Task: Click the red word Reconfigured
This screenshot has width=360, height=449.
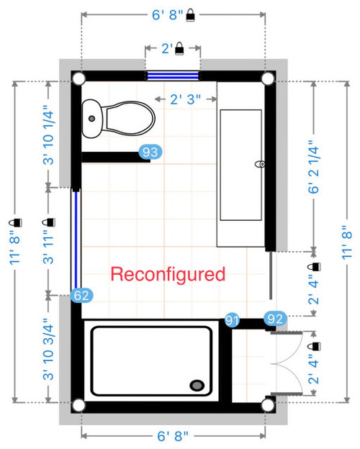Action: click(168, 275)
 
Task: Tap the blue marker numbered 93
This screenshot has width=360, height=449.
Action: click(150, 152)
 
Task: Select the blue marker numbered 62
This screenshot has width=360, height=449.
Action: click(81, 295)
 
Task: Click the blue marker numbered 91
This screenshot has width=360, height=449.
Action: click(232, 320)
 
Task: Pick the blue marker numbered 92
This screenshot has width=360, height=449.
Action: click(275, 319)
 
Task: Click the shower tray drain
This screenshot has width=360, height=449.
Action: click(197, 385)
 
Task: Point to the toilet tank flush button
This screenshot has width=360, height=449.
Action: click(91, 118)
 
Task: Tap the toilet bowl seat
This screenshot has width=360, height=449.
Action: click(130, 118)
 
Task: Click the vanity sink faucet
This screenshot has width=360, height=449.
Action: click(260, 164)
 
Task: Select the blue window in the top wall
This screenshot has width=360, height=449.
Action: click(173, 76)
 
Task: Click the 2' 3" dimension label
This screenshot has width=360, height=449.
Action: click(186, 99)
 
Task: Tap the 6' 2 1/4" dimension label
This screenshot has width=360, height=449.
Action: click(314, 167)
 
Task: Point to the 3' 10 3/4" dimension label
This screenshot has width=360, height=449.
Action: click(48, 349)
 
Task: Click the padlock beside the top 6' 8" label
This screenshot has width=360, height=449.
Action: click(190, 14)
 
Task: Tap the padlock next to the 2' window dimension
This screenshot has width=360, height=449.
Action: click(179, 48)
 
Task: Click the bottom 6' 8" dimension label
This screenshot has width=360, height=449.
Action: click(173, 436)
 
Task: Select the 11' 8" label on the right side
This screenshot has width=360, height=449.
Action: click(346, 242)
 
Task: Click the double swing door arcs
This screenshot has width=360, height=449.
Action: click(287, 363)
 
